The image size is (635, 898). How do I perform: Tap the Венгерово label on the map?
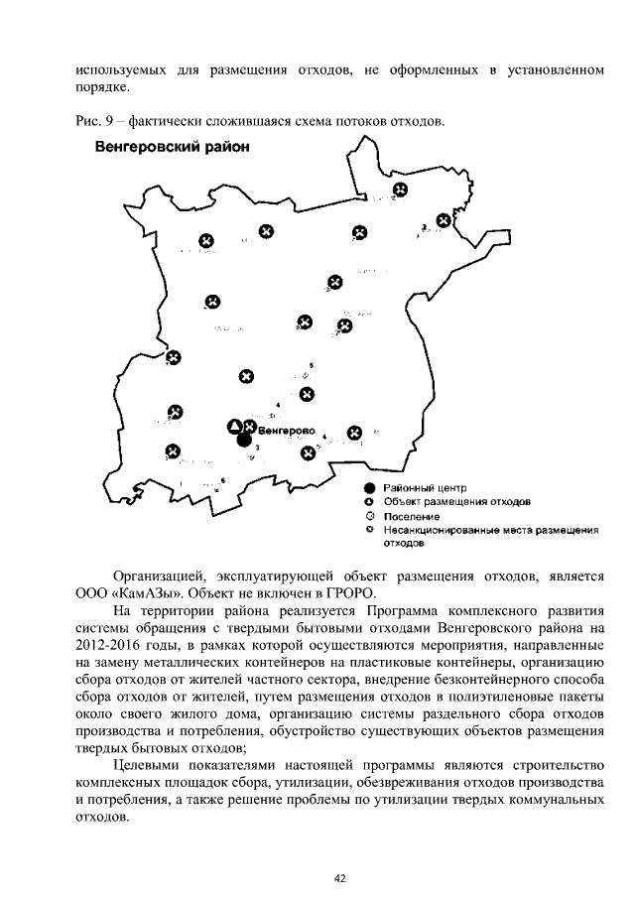pyautogui.click(x=285, y=432)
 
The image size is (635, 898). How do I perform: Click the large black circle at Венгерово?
pyautogui.click(x=244, y=441)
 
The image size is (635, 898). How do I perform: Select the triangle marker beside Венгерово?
pyautogui.click(x=234, y=427)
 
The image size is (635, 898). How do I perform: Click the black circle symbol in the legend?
pyautogui.click(x=369, y=488)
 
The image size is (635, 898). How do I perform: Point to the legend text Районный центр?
pyautogui.click(x=426, y=488)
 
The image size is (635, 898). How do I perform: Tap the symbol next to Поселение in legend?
pyautogui.click(x=369, y=517)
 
